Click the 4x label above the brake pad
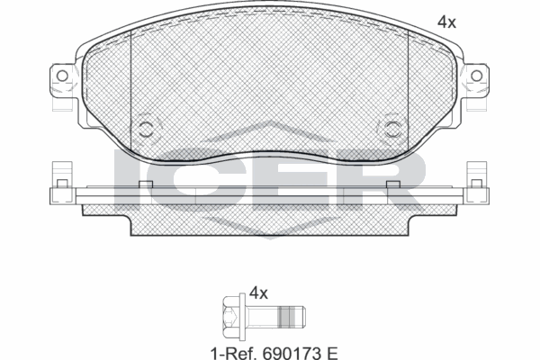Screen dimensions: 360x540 pyautogui.click(x=446, y=22)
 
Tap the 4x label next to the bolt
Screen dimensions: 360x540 pyautogui.click(x=259, y=292)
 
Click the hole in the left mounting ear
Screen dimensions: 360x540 pyautogui.click(x=61, y=76)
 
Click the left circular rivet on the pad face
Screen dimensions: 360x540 pyautogui.click(x=146, y=127)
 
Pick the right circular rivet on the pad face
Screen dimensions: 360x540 pyautogui.click(x=392, y=127)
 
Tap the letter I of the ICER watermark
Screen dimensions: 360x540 pyautogui.click(x=129, y=179)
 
